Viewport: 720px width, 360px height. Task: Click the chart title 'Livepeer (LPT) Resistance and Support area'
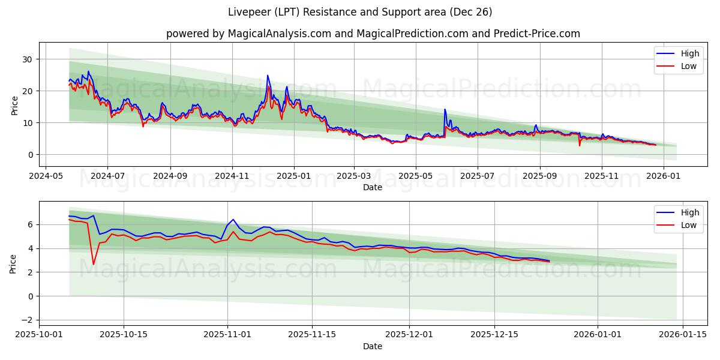pyautogui.click(x=360, y=12)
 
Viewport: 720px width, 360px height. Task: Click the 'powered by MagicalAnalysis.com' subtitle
pyautogui.click(x=373, y=34)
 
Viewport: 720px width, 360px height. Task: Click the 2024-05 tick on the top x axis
pyautogui.click(x=46, y=177)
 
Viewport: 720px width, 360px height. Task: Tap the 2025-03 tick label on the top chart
pyautogui.click(x=353, y=177)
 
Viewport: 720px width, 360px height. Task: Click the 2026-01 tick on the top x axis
pyautogui.click(x=663, y=177)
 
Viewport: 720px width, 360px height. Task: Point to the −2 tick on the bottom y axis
pyautogui.click(x=26, y=320)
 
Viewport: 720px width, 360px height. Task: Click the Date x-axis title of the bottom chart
pyautogui.click(x=373, y=346)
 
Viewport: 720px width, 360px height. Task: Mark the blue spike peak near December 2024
pyautogui.click(x=268, y=76)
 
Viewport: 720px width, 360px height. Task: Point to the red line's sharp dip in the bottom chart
pyautogui.click(x=93, y=264)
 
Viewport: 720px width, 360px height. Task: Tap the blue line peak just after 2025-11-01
pyautogui.click(x=233, y=220)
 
